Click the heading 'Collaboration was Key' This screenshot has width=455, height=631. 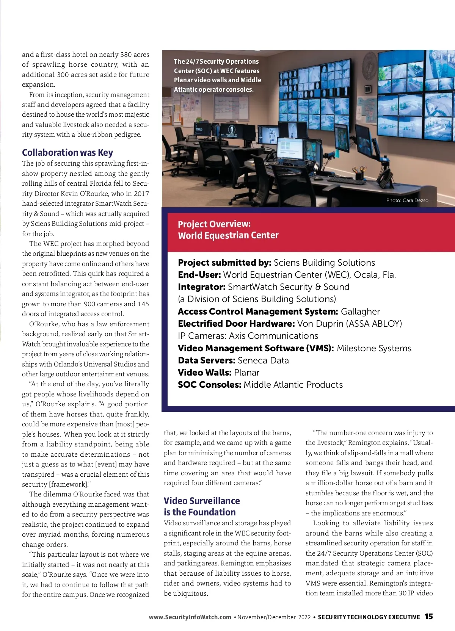tap(67, 152)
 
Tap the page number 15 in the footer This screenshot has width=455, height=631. tap(428, 617)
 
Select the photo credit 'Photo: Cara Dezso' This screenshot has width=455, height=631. tap(407, 200)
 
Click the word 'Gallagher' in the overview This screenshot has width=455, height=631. tap(360, 312)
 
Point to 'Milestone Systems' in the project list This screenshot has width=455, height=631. tap(374, 348)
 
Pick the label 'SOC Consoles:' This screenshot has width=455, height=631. tap(209, 385)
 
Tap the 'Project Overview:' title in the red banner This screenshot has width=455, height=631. tap(214, 224)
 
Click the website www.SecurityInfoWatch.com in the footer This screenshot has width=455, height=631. tap(190, 617)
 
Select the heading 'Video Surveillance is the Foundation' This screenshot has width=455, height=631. tap(202, 506)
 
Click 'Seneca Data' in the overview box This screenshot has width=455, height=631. tap(263, 360)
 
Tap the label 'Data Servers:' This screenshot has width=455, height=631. tap(207, 360)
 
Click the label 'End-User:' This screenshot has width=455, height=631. tap(199, 275)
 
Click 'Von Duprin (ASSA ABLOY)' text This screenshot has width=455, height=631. tap(350, 324)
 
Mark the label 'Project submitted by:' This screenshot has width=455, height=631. tap(224, 263)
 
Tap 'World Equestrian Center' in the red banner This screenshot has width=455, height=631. tap(228, 235)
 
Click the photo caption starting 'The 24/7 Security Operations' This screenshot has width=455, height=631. tap(217, 75)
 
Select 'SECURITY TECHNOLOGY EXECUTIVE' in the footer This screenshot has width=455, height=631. tap(369, 617)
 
